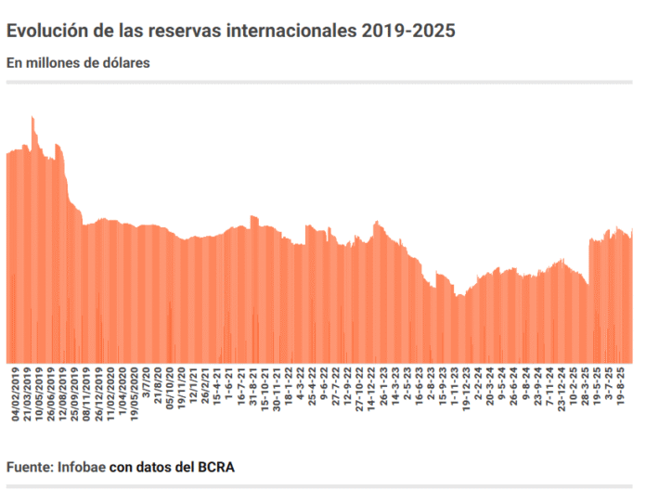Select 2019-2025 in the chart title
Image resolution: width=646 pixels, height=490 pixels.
tap(410, 32)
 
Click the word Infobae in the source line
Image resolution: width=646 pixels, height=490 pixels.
tap(82, 466)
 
